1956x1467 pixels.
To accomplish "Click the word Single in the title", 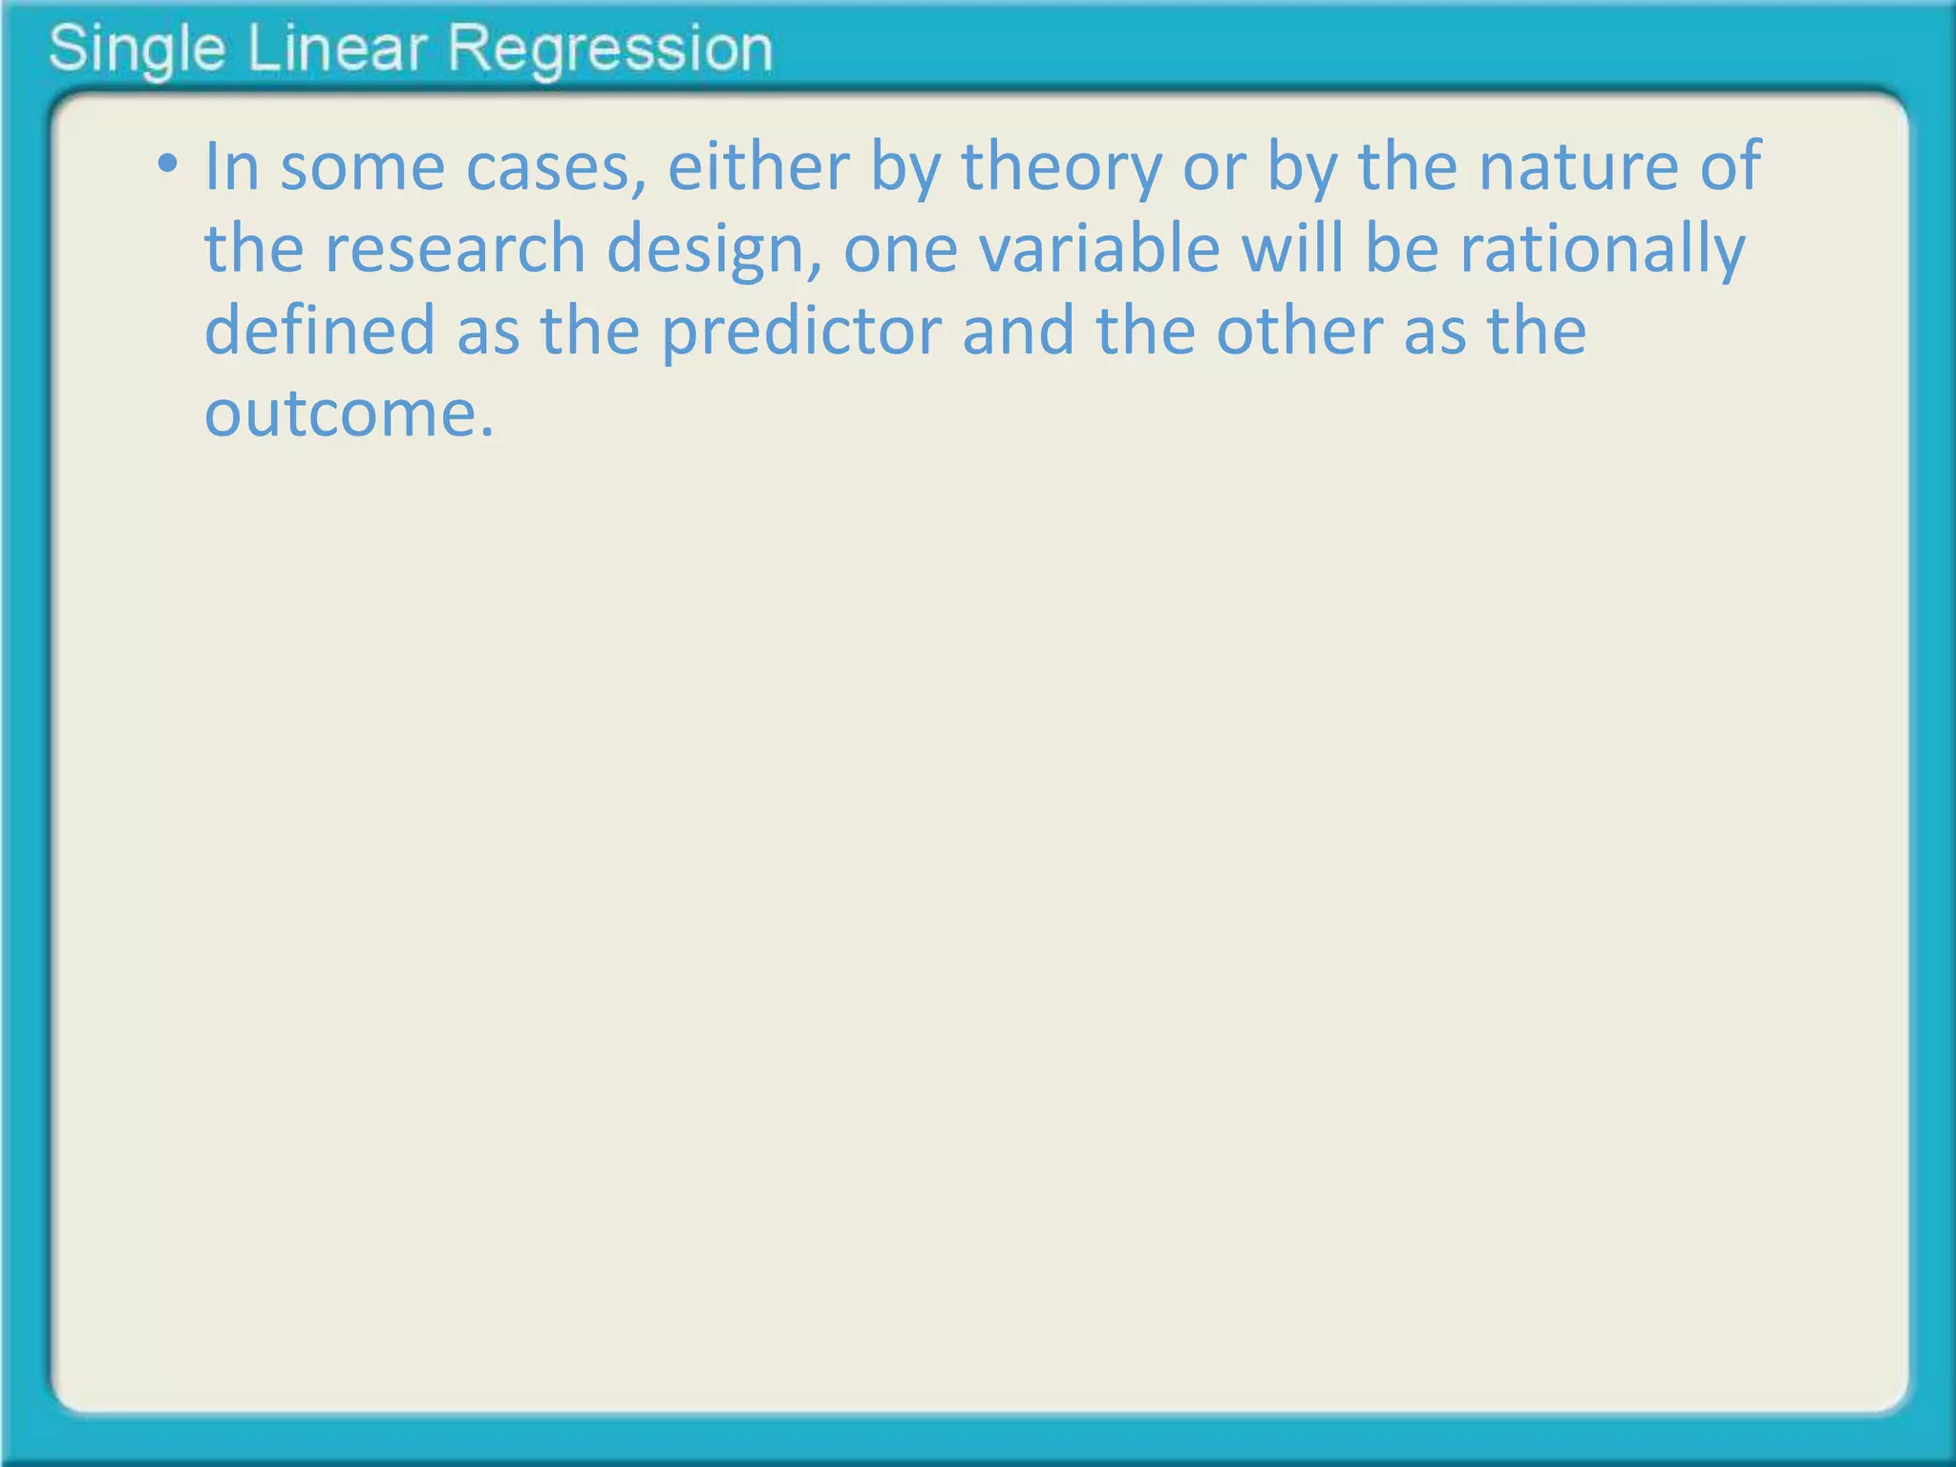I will point(137,50).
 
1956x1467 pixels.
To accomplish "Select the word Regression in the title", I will point(610,50).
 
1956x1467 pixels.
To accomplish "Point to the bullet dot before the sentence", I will point(168,165).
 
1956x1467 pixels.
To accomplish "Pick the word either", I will point(757,166).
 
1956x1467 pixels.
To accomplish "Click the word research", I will point(455,248).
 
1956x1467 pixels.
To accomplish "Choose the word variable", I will point(1099,248).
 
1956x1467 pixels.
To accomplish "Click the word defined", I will point(319,330).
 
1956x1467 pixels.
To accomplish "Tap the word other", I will point(1298,330).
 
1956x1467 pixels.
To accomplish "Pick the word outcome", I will point(350,414).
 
